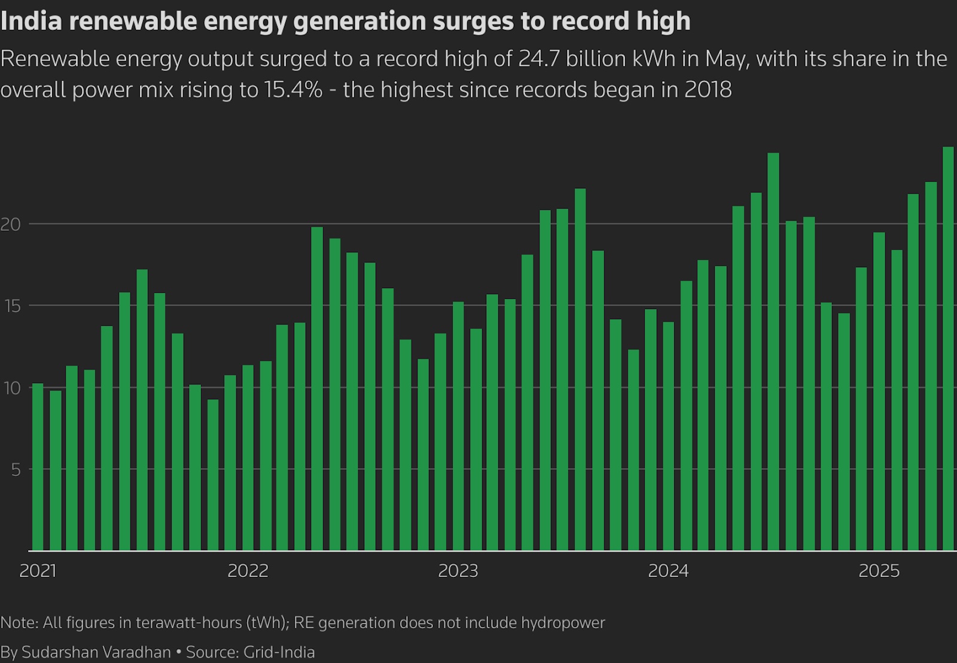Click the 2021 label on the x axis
38,571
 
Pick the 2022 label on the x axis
248,571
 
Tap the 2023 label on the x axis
458,571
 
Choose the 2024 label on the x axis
668,571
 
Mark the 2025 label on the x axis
879,571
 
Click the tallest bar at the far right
948,347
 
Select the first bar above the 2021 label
38,466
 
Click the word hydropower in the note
563,623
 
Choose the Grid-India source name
279,652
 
